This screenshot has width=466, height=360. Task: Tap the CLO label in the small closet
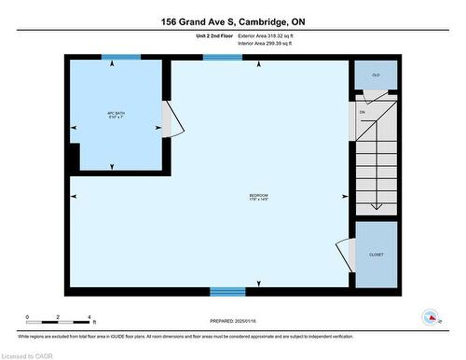click(376, 74)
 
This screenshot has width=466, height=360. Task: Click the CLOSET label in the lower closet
click(376, 255)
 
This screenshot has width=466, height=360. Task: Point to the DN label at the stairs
click(363, 111)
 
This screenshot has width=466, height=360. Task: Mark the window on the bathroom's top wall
click(121, 57)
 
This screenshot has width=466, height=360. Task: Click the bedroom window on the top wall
click(222, 57)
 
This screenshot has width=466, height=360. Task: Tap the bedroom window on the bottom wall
click(227, 291)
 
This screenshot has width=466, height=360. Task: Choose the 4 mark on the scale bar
click(88, 318)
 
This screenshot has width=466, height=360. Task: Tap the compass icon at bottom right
click(431, 316)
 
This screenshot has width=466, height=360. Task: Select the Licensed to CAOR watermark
click(30, 354)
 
